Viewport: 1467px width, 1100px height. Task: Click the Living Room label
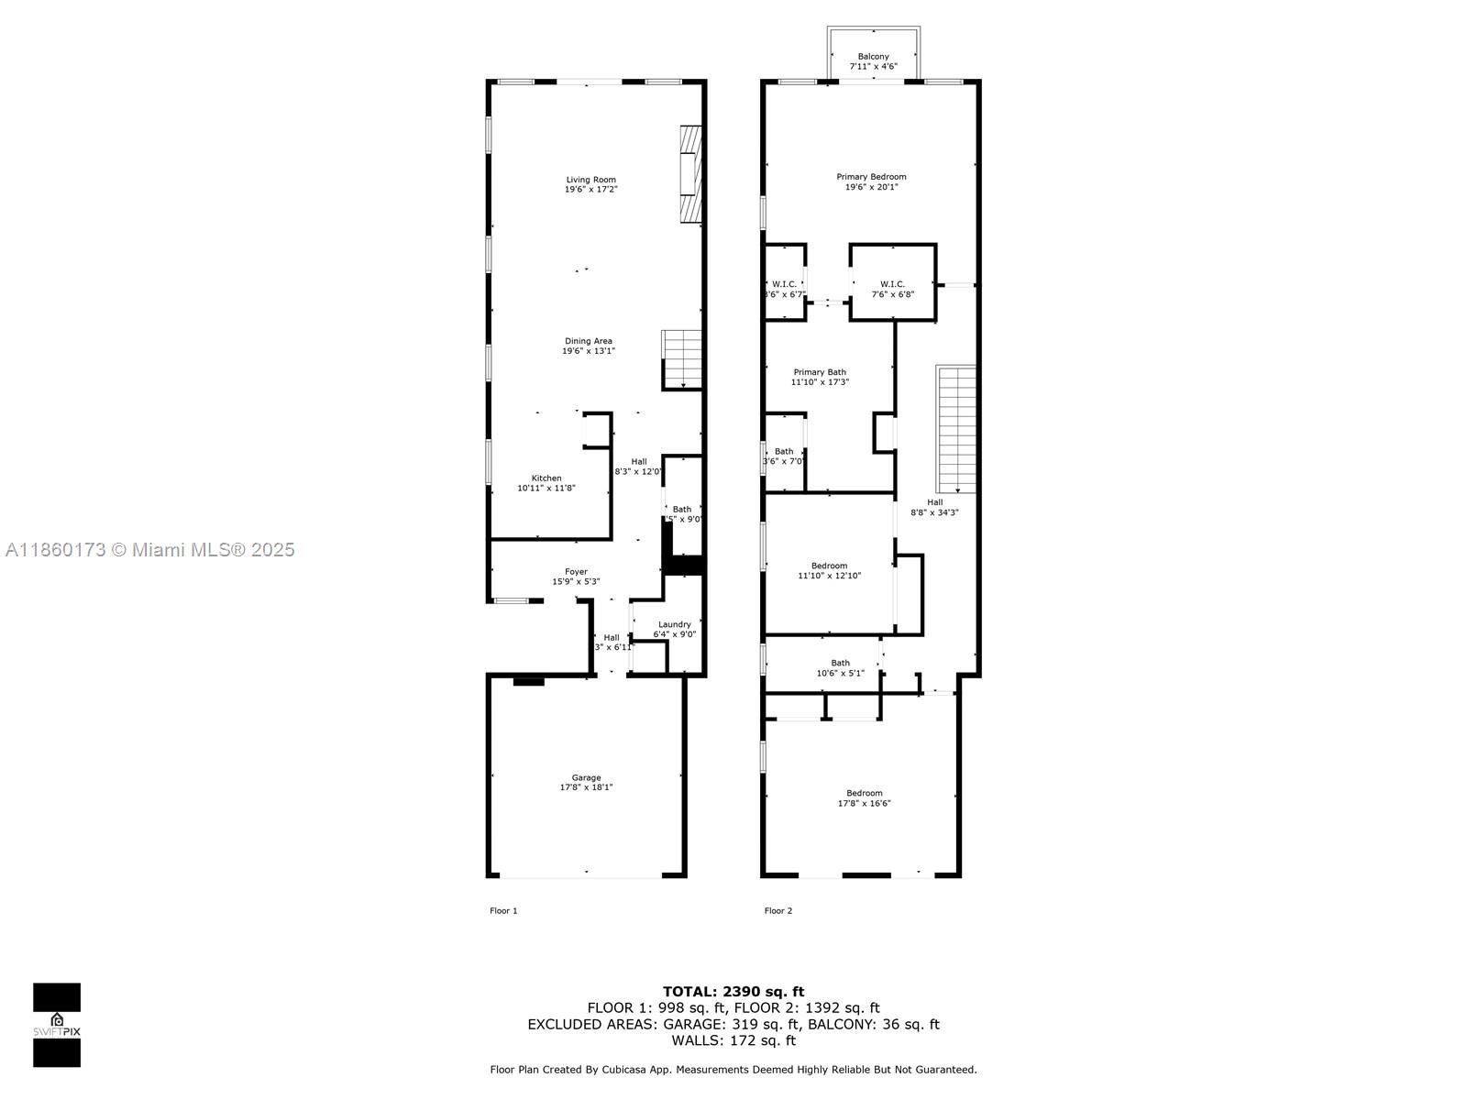click(590, 180)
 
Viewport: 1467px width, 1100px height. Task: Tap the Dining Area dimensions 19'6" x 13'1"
click(588, 351)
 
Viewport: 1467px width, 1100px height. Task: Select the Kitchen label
click(546, 478)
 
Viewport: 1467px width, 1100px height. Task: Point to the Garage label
click(587, 777)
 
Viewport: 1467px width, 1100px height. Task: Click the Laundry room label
click(675, 624)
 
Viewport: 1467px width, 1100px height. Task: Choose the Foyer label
click(576, 571)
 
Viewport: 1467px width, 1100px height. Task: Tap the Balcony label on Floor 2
click(873, 57)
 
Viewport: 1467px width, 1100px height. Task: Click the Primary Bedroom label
click(871, 177)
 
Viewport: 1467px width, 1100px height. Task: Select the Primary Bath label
click(820, 372)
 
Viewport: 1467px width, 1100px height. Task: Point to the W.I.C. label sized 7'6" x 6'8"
click(892, 284)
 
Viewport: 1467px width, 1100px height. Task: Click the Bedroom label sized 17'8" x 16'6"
click(864, 793)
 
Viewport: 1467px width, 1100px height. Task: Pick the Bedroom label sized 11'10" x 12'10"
click(829, 566)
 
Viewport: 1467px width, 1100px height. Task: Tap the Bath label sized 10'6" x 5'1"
click(840, 663)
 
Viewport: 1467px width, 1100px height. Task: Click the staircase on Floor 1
click(682, 359)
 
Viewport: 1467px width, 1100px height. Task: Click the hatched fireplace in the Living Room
click(690, 174)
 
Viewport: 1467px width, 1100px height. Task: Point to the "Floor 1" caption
click(503, 910)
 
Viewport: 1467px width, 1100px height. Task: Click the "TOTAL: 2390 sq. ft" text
click(733, 991)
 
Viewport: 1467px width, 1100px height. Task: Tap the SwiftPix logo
click(57, 1025)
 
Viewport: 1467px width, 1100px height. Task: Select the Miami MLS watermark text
click(150, 550)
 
